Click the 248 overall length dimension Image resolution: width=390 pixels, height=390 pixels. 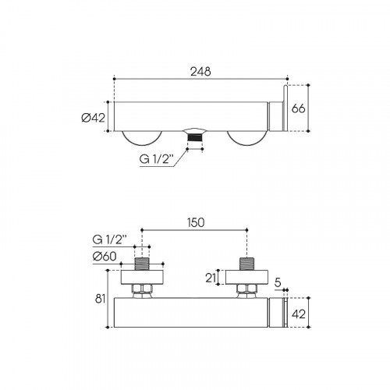[200, 72]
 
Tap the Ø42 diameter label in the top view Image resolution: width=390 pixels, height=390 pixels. [93, 118]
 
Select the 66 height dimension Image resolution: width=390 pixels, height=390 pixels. [298, 108]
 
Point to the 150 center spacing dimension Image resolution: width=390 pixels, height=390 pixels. [195, 222]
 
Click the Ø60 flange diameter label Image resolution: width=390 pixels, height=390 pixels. [105, 257]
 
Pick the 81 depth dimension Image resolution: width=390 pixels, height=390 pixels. [100, 299]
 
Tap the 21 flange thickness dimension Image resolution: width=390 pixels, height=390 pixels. [211, 278]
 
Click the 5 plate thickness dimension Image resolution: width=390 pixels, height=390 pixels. [278, 283]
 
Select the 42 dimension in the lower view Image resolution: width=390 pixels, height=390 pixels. [299, 314]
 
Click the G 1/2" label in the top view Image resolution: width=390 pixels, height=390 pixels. [156, 160]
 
